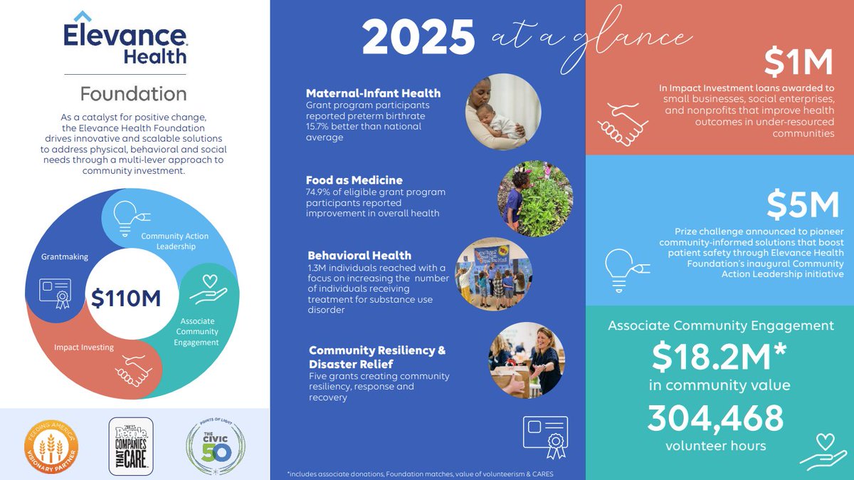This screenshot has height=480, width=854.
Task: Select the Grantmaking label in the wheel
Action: (x=65, y=256)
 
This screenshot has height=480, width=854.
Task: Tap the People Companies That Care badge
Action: (x=130, y=447)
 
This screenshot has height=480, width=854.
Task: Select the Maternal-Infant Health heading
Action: (x=373, y=93)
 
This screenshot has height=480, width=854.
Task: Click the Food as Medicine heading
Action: (x=354, y=180)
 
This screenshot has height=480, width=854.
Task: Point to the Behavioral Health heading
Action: (x=359, y=255)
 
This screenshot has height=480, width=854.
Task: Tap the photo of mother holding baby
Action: (x=503, y=112)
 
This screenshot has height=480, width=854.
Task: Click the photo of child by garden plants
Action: (x=534, y=198)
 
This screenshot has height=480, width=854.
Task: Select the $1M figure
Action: (x=798, y=63)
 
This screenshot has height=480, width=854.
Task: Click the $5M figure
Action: (x=803, y=206)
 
